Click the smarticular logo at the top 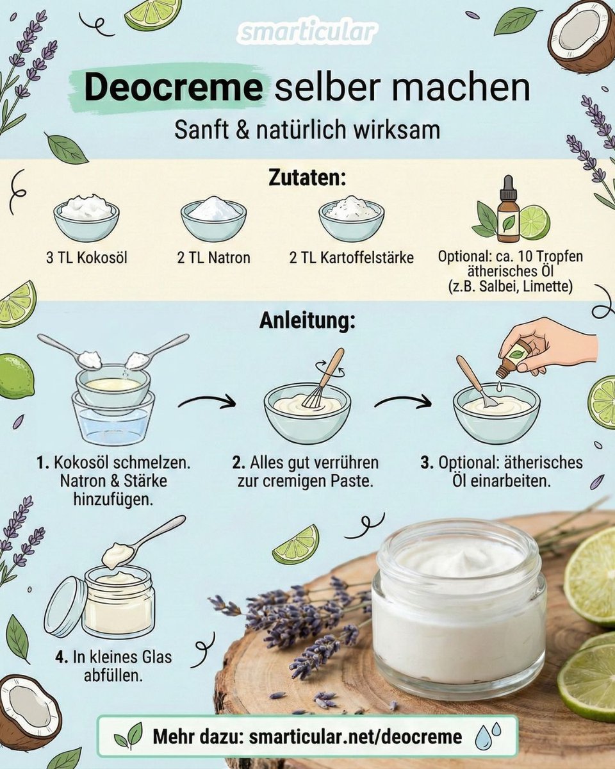pyautogui.click(x=307, y=33)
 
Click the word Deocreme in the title pyautogui.click(x=174, y=88)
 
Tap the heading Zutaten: pyautogui.click(x=307, y=179)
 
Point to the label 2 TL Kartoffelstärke pyautogui.click(x=352, y=258)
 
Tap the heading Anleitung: pyautogui.click(x=307, y=321)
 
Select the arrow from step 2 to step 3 pyautogui.click(x=403, y=401)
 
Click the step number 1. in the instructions pyautogui.click(x=43, y=463)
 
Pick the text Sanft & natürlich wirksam pyautogui.click(x=307, y=130)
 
